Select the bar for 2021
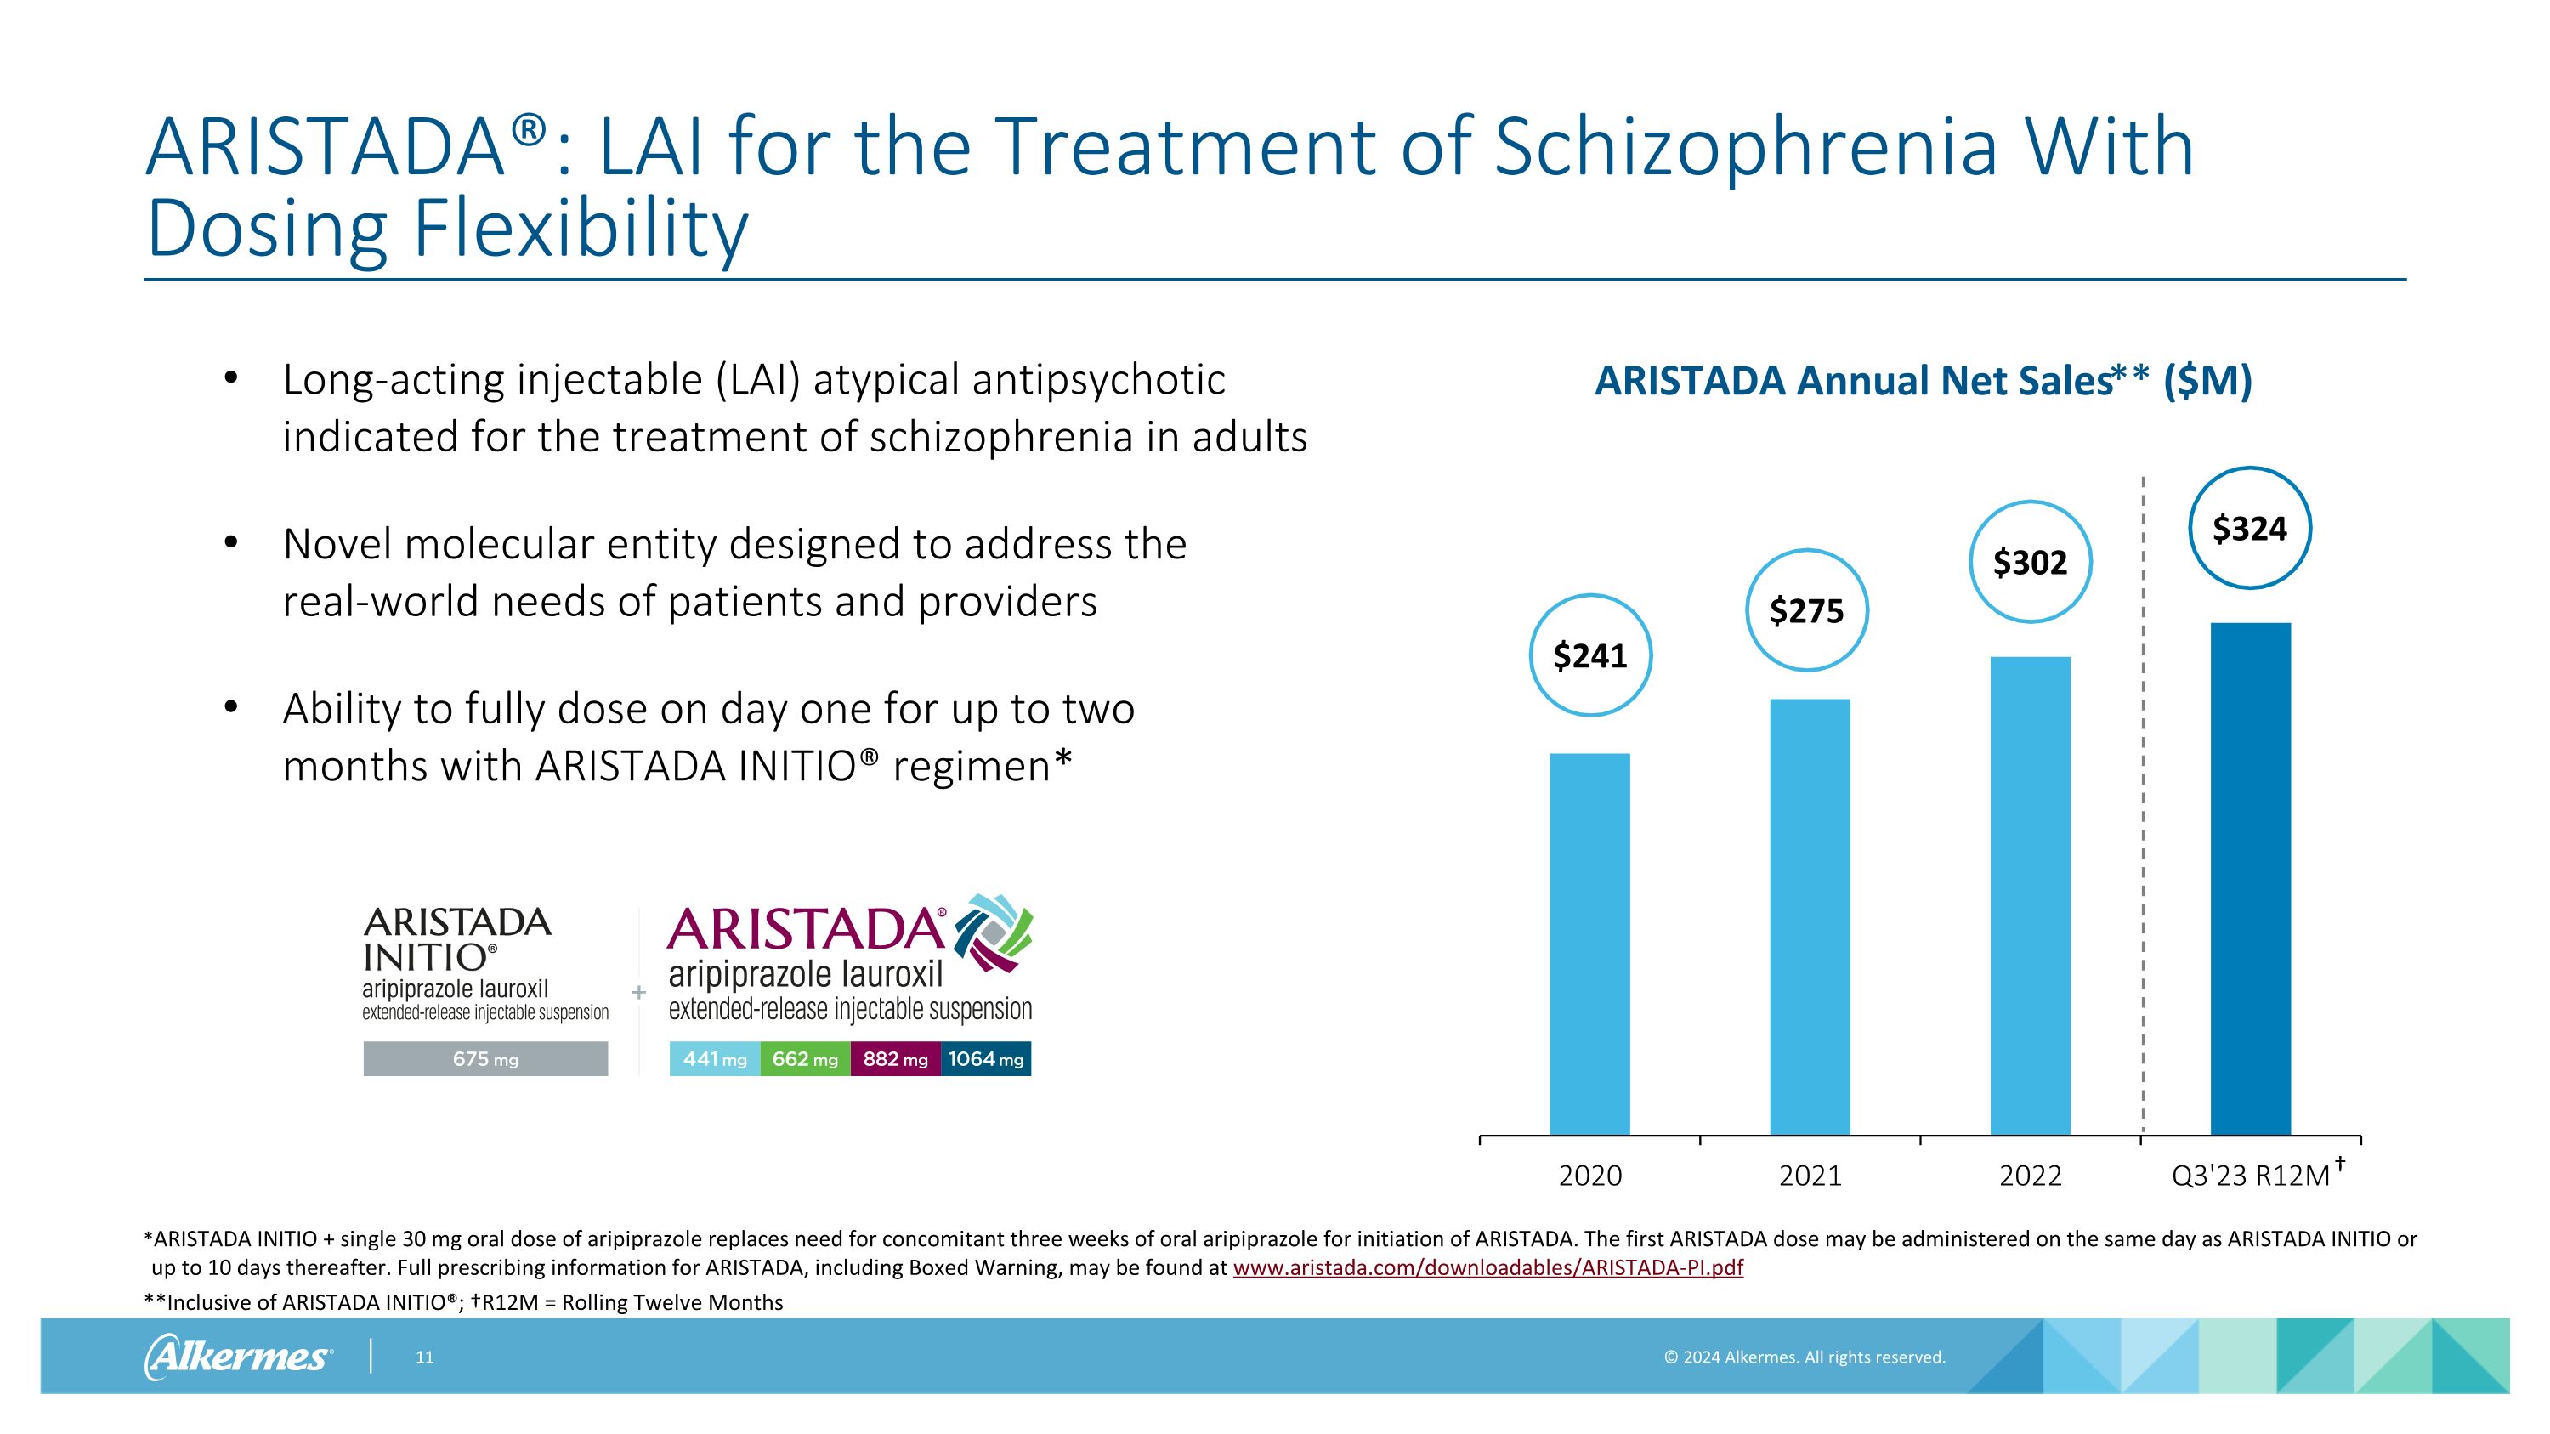click(x=1810, y=916)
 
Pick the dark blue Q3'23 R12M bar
click(x=2250, y=878)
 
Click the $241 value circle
click(x=1589, y=655)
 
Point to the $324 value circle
click(x=2249, y=529)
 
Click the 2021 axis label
click(x=1810, y=1176)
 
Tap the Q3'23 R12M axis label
click(x=2250, y=1176)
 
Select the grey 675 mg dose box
click(x=485, y=1059)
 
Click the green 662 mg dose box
click(x=805, y=1059)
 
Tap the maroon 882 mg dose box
click(x=895, y=1059)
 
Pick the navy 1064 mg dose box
click(x=986, y=1059)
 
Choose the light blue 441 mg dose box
click(x=715, y=1059)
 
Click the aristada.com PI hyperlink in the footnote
click(x=1487, y=1267)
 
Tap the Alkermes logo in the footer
click(x=238, y=1356)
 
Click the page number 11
click(x=423, y=1357)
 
